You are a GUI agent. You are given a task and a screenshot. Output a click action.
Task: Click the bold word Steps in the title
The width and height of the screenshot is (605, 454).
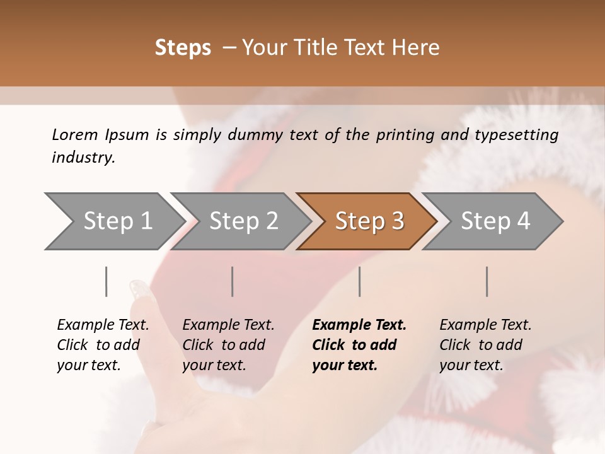183,48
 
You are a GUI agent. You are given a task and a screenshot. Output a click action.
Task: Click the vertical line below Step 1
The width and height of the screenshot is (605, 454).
107,281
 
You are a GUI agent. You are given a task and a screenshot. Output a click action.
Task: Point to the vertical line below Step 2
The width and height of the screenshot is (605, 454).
233,281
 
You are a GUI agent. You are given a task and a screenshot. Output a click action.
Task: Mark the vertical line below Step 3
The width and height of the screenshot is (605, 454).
360,281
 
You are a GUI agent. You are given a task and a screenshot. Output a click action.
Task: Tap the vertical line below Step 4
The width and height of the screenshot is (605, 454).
487,281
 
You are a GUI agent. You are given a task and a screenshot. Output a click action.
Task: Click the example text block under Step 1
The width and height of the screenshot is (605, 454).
102,345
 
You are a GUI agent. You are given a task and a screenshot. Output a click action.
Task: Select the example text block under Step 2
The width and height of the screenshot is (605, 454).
228,345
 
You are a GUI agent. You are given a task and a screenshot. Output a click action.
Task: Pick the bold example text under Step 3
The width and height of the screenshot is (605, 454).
359,345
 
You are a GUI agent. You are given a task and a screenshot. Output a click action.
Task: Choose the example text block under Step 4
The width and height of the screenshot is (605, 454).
485,345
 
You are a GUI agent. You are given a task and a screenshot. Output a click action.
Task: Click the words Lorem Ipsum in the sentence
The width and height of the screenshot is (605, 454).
100,135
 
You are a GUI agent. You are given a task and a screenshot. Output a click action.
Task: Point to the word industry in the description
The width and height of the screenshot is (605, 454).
83,158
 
